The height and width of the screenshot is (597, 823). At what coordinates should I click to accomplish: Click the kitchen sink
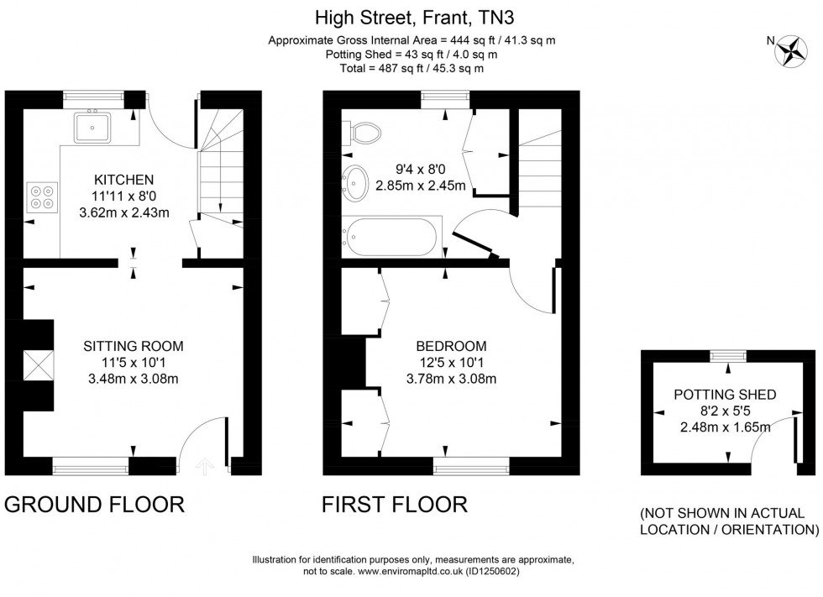point(93,127)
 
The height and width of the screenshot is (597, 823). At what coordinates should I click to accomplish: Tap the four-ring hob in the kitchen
point(41,196)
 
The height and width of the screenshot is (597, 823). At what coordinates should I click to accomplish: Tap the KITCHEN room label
point(123,180)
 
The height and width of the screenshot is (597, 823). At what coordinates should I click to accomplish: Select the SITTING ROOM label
point(133,346)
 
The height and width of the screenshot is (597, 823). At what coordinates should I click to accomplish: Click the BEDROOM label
point(451,346)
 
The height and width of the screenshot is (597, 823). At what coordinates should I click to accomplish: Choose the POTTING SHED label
point(725,395)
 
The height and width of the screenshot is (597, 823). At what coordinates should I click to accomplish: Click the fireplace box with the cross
point(39,365)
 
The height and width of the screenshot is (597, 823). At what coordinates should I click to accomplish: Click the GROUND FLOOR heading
point(94,505)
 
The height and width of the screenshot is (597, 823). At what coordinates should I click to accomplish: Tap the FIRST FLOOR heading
point(395,505)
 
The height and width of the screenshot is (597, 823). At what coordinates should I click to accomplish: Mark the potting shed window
point(727,356)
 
